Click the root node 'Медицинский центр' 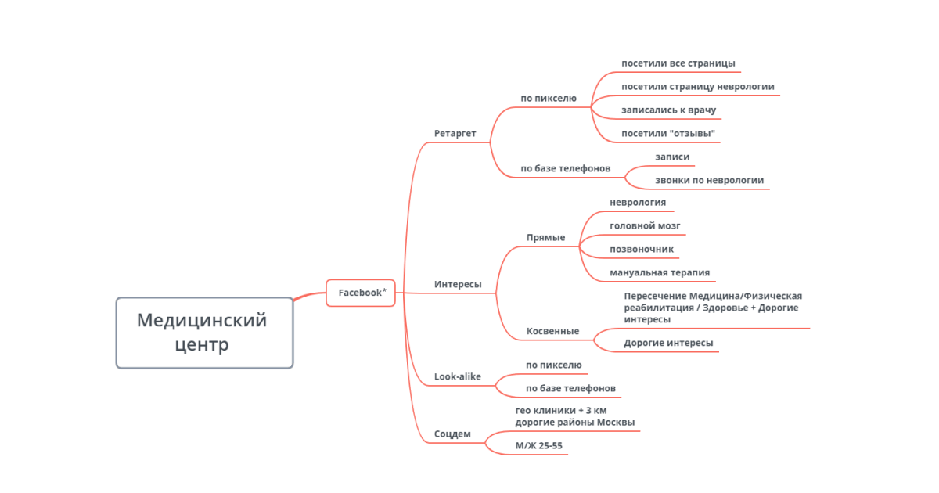click(x=204, y=333)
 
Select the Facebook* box click(x=361, y=293)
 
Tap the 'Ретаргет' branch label click(x=455, y=133)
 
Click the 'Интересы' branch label click(x=458, y=284)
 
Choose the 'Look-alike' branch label click(x=457, y=376)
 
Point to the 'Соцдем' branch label click(x=452, y=434)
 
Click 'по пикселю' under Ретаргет click(x=549, y=98)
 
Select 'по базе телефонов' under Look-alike click(x=570, y=388)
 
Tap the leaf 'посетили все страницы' click(x=678, y=63)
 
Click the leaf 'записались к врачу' click(x=668, y=110)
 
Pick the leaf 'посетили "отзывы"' click(x=668, y=133)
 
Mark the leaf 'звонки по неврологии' click(x=709, y=180)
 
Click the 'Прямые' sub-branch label click(x=546, y=238)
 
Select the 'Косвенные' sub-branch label click(x=552, y=331)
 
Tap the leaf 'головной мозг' click(x=645, y=226)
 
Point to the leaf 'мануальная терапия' click(x=660, y=273)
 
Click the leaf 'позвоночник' click(x=642, y=250)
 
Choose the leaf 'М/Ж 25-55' click(x=538, y=445)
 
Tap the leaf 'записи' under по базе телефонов click(x=672, y=157)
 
